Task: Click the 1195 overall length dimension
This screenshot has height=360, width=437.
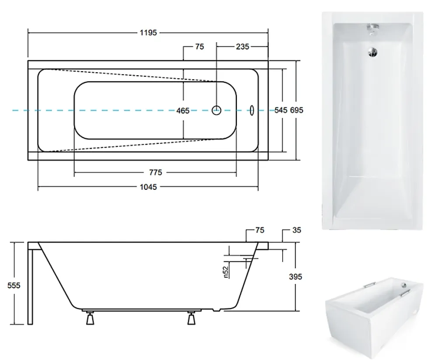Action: point(148,33)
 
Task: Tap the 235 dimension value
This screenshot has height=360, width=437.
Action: point(243,47)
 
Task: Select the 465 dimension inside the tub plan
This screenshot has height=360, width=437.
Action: point(183,111)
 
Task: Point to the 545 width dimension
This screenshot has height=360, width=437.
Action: point(281,110)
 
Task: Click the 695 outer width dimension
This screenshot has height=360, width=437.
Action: point(297,110)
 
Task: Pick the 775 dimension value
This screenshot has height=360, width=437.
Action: point(156,172)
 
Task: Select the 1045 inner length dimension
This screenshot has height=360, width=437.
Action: point(148,187)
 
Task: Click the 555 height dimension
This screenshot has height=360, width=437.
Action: point(14,285)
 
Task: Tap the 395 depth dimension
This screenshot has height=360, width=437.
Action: point(295,276)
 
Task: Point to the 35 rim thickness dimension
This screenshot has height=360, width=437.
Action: point(297,230)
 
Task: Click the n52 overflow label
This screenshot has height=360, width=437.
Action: point(226,272)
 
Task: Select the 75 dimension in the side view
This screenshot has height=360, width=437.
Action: point(260,230)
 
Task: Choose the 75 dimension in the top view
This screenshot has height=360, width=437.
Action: point(200,47)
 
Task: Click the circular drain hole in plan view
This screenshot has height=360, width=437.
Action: point(217,110)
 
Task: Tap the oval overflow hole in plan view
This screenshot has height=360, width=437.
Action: point(252,110)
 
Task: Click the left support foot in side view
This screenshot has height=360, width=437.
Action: point(90,318)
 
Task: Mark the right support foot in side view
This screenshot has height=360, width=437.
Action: point(191,318)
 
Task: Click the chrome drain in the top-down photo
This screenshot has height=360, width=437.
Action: point(372,52)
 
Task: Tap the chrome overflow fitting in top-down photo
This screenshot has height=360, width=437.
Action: point(373,28)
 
